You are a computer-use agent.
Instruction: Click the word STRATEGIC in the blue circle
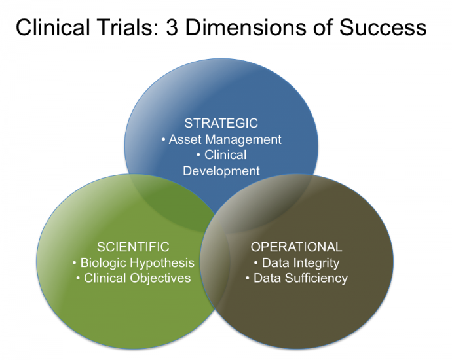coord(221,123)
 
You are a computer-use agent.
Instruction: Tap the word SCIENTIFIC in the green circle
coord(133,247)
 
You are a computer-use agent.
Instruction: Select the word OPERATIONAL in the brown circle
coord(296,247)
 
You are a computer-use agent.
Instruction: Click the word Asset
coord(185,139)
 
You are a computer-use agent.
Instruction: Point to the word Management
coord(243,140)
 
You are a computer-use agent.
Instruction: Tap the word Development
coord(221,171)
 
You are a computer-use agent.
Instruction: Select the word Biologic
coord(104,263)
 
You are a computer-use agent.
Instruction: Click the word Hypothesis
coord(162,263)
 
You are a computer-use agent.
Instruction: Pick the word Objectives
coord(160,279)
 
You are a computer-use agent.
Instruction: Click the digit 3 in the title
coord(172,27)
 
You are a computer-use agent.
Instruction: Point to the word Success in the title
coord(383,27)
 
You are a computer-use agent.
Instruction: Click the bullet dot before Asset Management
coord(164,140)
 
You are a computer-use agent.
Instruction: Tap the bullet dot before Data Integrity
coord(256,263)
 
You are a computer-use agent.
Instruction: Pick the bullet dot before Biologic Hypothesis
coord(75,263)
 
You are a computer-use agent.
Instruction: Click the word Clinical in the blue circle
coord(225,155)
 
